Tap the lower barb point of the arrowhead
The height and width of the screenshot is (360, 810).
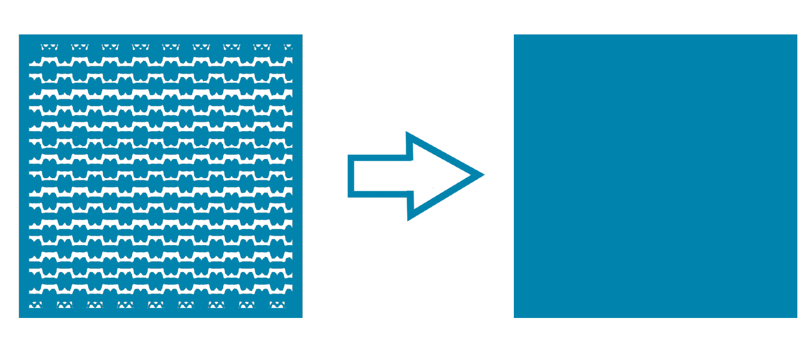click(410, 218)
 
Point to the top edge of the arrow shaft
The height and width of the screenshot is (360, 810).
click(380, 157)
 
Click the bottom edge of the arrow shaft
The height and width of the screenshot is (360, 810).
click(380, 194)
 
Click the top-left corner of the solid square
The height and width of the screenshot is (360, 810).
click(515, 35)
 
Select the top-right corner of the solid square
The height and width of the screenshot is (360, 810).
click(796, 35)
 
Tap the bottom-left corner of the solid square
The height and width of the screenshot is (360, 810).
click(515, 317)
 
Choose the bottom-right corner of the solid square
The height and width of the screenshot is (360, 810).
click(796, 317)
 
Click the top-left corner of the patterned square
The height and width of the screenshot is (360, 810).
click(20, 35)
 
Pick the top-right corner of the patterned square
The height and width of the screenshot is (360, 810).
click(301, 35)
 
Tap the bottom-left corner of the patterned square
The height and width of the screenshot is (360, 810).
click(20, 317)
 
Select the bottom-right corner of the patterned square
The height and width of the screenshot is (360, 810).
click(301, 317)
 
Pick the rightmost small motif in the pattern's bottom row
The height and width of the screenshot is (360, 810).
click(277, 305)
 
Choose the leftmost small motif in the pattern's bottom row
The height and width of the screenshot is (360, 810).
click(34, 305)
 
